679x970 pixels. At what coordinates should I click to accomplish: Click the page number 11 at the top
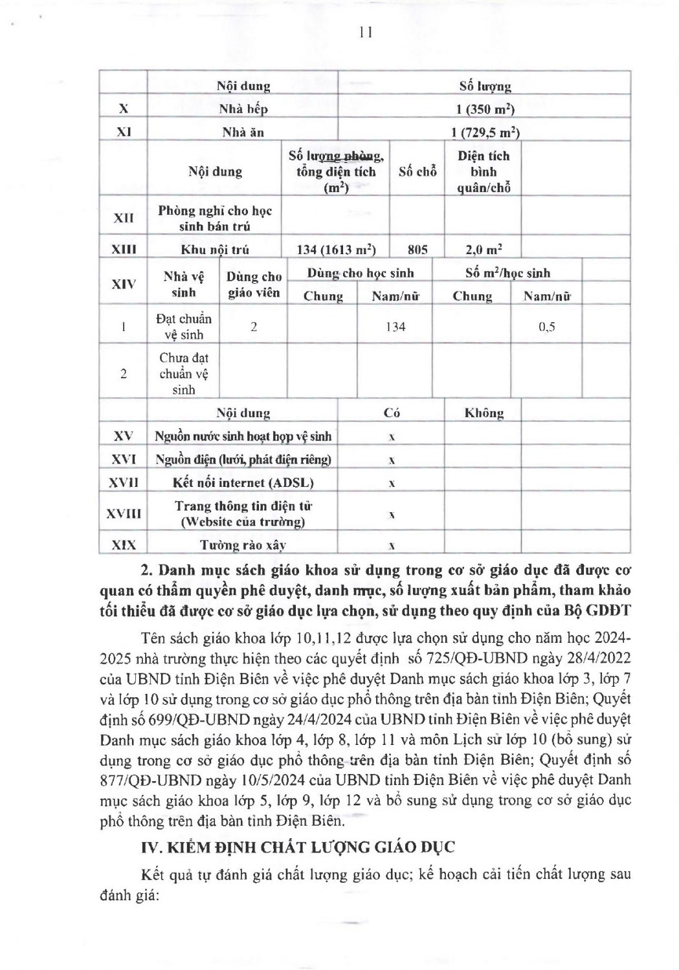[365, 33]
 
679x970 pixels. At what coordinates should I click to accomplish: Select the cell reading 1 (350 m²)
[485, 109]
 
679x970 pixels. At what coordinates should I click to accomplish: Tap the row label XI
[123, 132]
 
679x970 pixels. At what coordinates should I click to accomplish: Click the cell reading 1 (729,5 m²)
[485, 133]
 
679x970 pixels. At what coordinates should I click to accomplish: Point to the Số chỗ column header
[417, 171]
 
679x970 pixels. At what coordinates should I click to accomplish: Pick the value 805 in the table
[417, 250]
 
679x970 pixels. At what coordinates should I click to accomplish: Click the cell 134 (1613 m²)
[336, 250]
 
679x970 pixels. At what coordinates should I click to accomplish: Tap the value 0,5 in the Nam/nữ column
[547, 327]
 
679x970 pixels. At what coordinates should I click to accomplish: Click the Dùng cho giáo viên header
[254, 285]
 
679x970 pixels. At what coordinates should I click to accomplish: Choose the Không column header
[484, 413]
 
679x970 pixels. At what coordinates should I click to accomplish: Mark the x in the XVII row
[392, 484]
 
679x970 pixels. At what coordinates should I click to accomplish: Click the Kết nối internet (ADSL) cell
[243, 483]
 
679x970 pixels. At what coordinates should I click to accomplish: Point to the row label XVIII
[123, 513]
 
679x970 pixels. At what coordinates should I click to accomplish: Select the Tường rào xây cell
[243, 545]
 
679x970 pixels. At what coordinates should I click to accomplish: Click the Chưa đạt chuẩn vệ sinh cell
[184, 373]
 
